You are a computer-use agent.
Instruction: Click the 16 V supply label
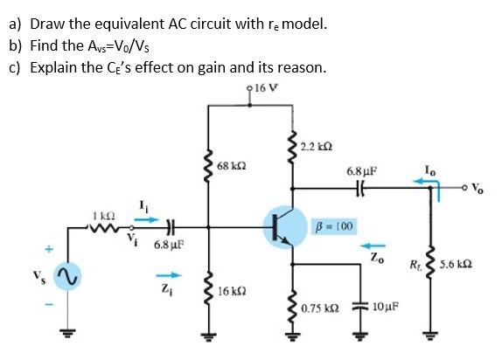(265, 89)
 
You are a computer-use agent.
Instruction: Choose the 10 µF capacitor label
(386, 308)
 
